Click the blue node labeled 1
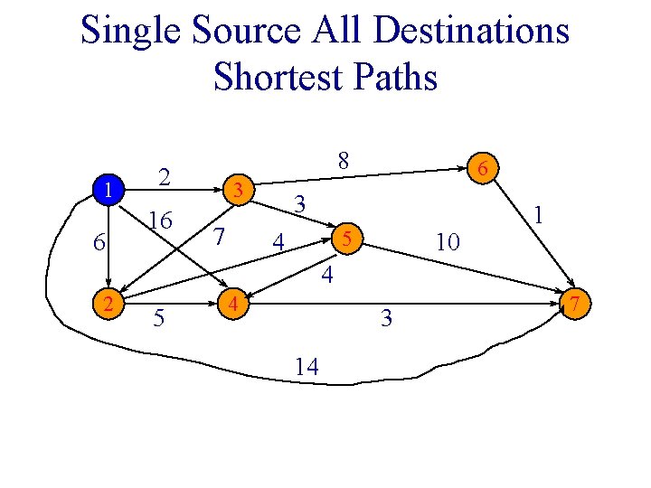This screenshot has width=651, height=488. point(108,191)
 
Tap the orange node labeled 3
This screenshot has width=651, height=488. point(237,190)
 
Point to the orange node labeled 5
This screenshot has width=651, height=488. point(345,239)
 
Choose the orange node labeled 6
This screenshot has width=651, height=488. point(484,168)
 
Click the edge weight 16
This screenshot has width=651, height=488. point(162,221)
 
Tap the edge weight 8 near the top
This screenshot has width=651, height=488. point(342,161)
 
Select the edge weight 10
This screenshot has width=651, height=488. point(448,241)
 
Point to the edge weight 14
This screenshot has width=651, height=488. point(306,366)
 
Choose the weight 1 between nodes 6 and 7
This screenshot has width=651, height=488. point(539,215)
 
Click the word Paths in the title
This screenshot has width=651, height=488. point(395,77)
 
